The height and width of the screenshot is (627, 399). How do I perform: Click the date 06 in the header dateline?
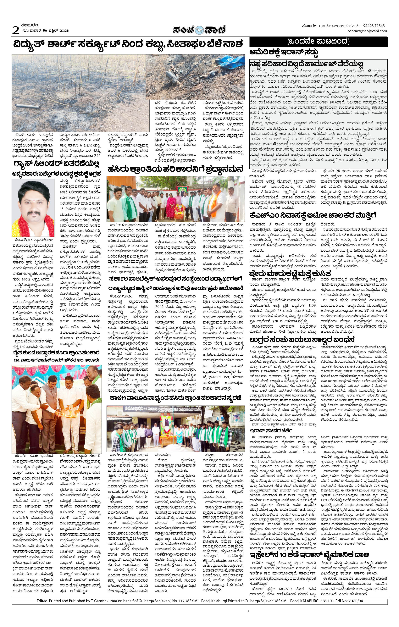tap(46, 31)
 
